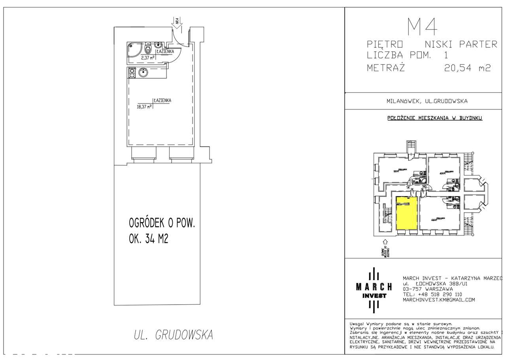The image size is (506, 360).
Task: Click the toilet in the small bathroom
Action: point(148,49)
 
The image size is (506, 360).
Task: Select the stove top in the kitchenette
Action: point(131,73)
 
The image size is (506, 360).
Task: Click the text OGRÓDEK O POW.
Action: point(162,223)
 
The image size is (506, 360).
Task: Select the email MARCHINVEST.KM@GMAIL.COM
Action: point(439,300)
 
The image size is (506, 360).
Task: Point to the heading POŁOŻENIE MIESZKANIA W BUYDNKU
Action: point(434,118)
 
